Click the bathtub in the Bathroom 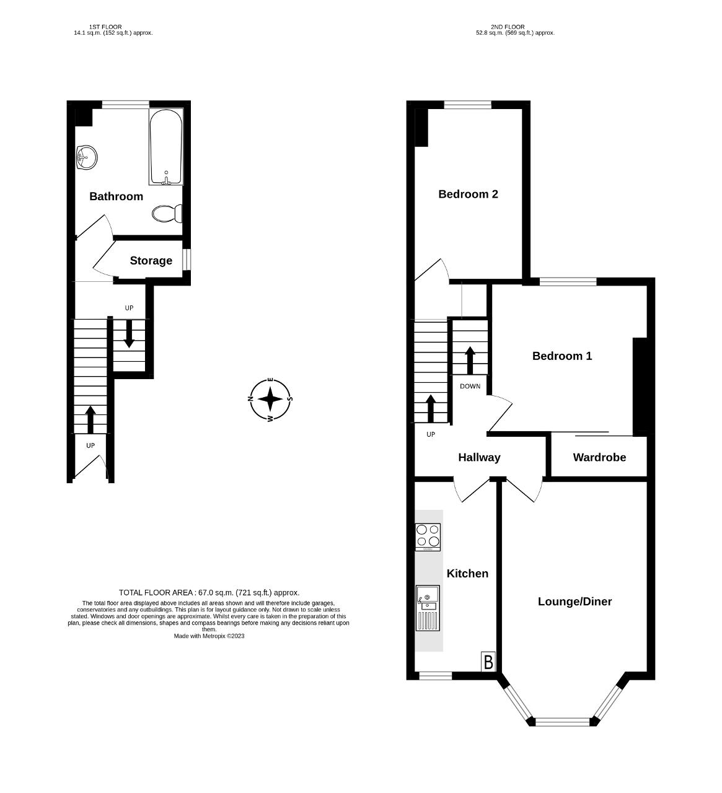[166, 147]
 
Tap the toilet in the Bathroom [167, 214]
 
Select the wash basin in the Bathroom [86, 157]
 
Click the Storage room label [151, 261]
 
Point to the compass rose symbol [270, 400]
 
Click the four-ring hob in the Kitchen [428, 537]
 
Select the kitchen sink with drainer [428, 608]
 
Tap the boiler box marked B [488, 662]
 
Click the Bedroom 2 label [468, 194]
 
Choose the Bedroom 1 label [561, 356]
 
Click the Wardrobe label [599, 457]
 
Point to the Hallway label [479, 457]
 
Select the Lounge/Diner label [575, 602]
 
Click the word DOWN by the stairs [470, 386]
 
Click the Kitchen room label [467, 574]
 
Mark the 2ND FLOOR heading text [508, 27]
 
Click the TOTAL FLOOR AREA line [209, 592]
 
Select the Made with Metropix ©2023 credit [209, 636]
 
